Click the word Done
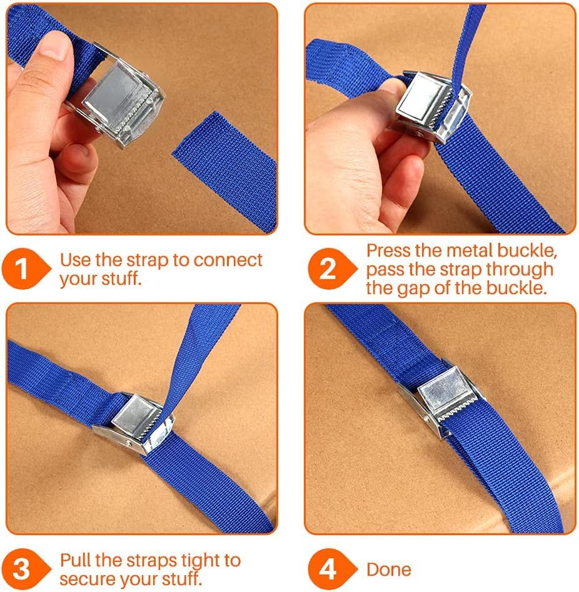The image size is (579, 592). click(x=389, y=570)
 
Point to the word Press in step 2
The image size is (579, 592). click(x=388, y=250)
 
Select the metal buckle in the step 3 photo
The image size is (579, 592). click(x=134, y=423)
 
